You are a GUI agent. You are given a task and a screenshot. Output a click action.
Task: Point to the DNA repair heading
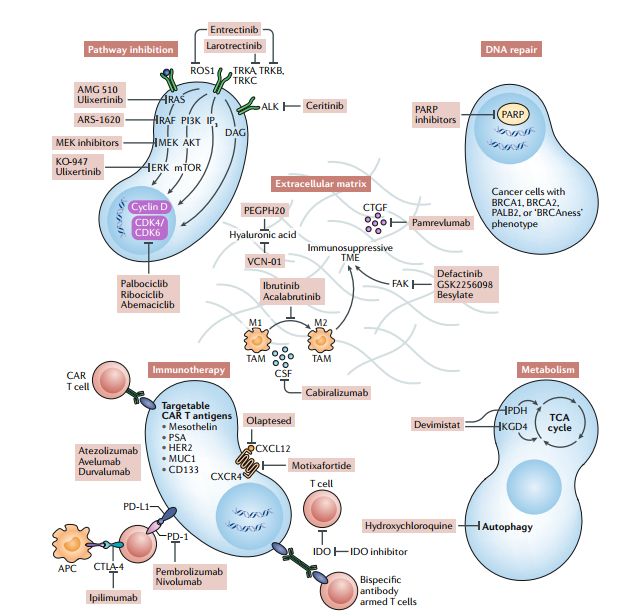509,48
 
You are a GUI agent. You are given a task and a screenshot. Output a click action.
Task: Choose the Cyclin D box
146,207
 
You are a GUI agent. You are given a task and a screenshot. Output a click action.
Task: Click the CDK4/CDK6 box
146,229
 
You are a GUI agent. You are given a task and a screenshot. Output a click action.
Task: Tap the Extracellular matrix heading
321,184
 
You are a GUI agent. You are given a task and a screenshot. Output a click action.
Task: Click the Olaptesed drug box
270,421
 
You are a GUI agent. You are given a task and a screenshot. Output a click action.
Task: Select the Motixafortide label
331,465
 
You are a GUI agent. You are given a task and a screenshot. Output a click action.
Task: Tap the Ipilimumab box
114,597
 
